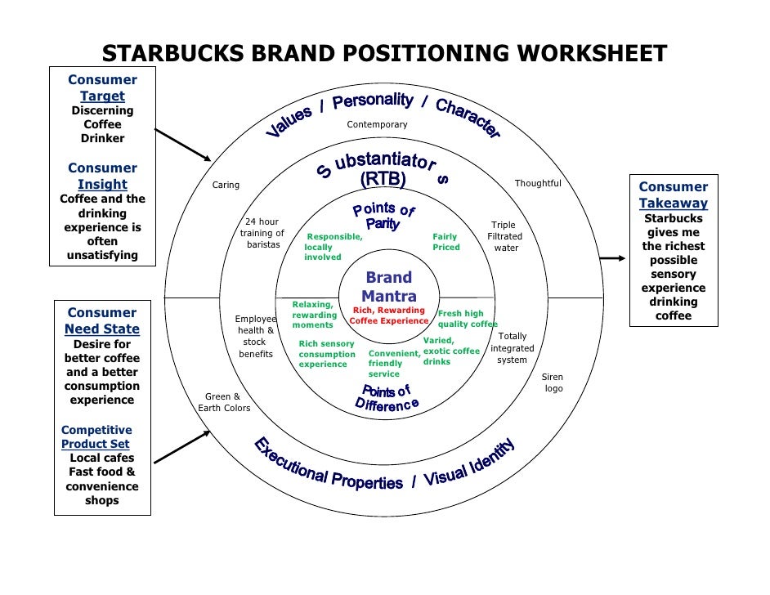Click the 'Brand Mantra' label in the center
click(389, 287)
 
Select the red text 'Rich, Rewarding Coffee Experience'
click(388, 315)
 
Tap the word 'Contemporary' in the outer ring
click(377, 125)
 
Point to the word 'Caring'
click(226, 186)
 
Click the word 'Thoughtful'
click(538, 184)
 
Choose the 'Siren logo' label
click(553, 382)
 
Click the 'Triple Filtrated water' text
click(504, 236)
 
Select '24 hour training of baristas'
click(262, 234)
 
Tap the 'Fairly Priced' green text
click(446, 242)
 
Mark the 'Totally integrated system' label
click(513, 348)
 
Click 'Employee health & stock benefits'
click(256, 337)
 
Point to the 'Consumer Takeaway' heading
click(674, 195)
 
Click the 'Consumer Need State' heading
click(102, 321)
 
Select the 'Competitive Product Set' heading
click(96, 437)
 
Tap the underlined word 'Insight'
click(102, 185)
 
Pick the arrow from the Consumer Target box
click(182, 145)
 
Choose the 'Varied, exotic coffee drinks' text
click(451, 351)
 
